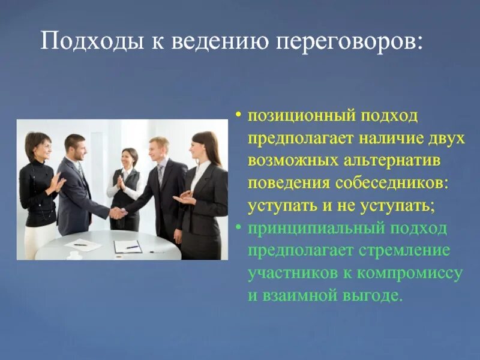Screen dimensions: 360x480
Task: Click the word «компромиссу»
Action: pos(411,274)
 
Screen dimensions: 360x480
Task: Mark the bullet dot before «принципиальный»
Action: pos(239,229)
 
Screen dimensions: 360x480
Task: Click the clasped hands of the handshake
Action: pos(118,213)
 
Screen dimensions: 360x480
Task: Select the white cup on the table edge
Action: pos(74,254)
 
